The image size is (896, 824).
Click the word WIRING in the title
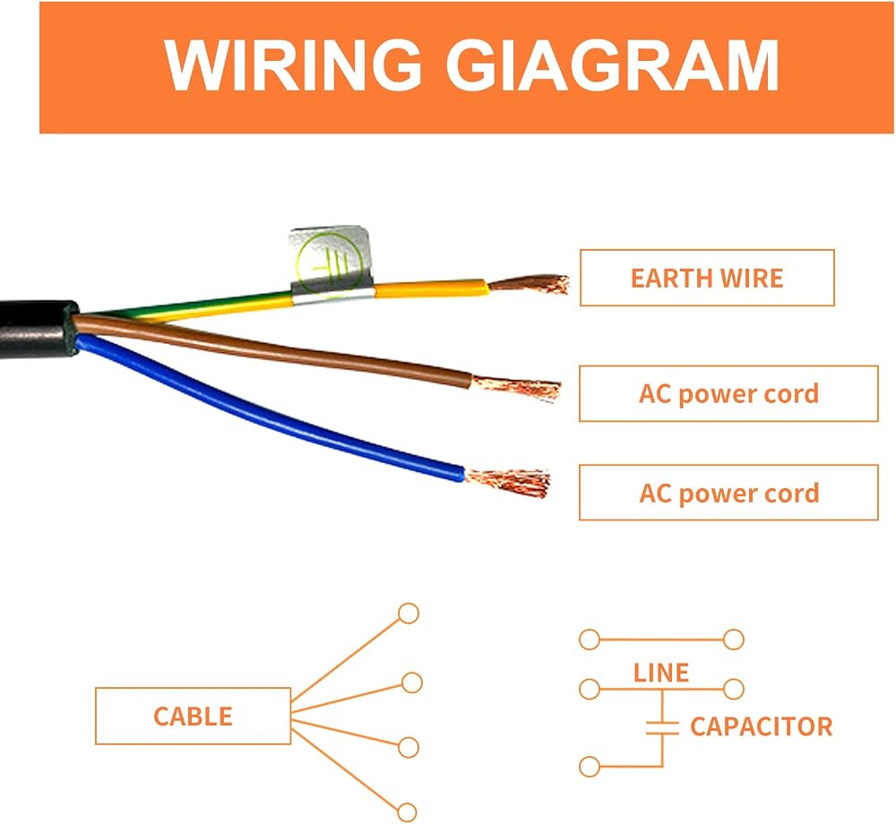293,65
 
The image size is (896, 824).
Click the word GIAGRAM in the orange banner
612,65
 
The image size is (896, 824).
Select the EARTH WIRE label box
707,278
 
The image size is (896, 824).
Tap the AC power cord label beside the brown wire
728,393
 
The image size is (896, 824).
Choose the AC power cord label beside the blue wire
728,493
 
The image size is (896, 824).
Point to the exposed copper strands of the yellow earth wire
530,284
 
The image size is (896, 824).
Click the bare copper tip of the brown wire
517,388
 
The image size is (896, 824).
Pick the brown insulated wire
274,348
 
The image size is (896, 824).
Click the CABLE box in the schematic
194,716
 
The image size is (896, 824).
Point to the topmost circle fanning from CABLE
408,614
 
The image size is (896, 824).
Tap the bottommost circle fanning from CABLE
407,812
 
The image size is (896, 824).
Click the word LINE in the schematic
661,673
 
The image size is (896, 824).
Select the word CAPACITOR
761,726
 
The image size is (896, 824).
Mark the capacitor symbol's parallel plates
662,727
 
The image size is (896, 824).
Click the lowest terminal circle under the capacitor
590,767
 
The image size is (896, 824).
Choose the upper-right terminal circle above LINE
733,639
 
